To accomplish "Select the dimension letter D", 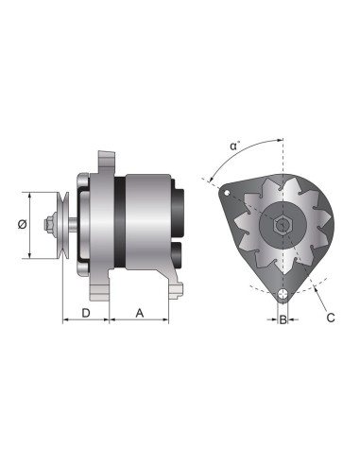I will [x=85, y=311].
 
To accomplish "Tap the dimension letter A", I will [x=140, y=311].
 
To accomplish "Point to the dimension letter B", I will [x=282, y=319].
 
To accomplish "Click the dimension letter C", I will [x=330, y=318].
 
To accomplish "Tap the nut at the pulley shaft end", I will [x=47, y=225].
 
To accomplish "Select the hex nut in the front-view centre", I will [x=282, y=226].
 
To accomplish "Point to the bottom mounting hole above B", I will [x=282, y=297].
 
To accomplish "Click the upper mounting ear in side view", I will [x=106, y=161].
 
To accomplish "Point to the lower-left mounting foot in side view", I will [x=102, y=284].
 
